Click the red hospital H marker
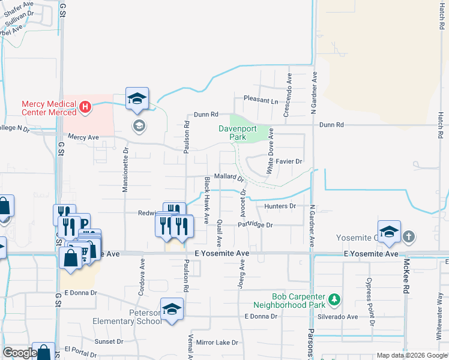[x=85, y=108]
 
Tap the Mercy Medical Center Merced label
[x=49, y=108]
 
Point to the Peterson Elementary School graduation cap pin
[x=172, y=309]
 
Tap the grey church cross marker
[x=409, y=236]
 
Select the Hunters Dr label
[x=281, y=206]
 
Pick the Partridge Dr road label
[x=255, y=225]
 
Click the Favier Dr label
[x=289, y=161]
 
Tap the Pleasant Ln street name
[x=261, y=99]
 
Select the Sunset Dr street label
[x=109, y=341]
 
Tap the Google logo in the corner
[x=19, y=353]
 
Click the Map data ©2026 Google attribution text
[x=412, y=355]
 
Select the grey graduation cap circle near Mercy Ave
[x=139, y=125]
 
